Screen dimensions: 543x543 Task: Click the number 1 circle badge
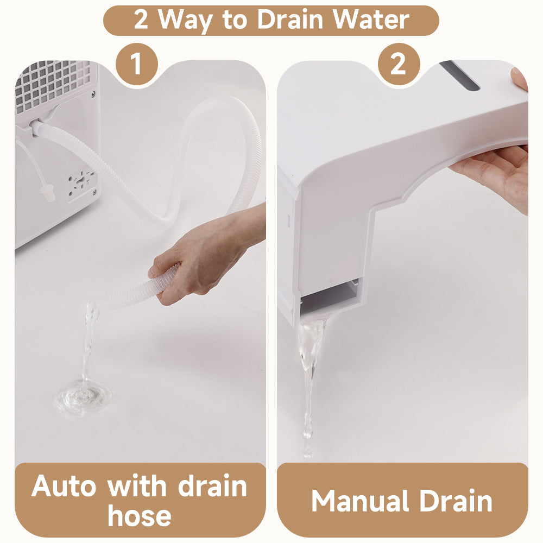pyautogui.click(x=136, y=64)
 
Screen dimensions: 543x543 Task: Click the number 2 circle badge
pyautogui.click(x=399, y=64)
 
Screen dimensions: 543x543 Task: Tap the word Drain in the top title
pyautogui.click(x=290, y=20)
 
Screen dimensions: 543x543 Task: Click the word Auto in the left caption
pyautogui.click(x=64, y=486)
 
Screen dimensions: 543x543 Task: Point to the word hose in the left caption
pyautogui.click(x=139, y=516)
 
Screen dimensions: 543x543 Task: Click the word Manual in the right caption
pyautogui.click(x=361, y=501)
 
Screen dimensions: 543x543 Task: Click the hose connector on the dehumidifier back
pyautogui.click(x=37, y=127)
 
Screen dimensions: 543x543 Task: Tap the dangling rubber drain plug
pyautogui.click(x=47, y=194)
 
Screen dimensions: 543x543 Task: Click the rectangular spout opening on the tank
pyautogui.click(x=329, y=295)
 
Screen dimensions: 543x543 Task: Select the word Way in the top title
pyautogui.click(x=186, y=21)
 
